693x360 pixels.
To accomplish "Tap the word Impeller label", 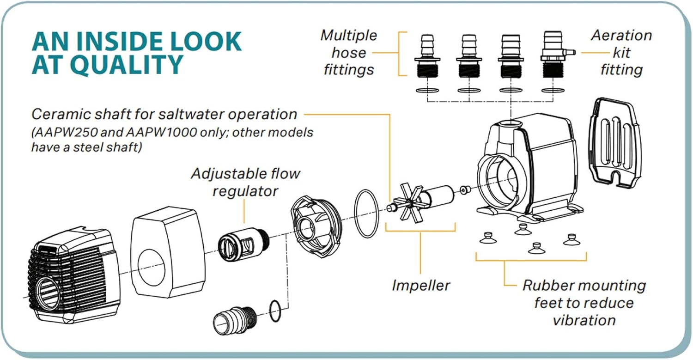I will click(x=420, y=285).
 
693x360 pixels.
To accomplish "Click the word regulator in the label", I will click(x=245, y=191).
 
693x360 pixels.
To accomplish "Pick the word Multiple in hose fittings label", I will click(x=349, y=36).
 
